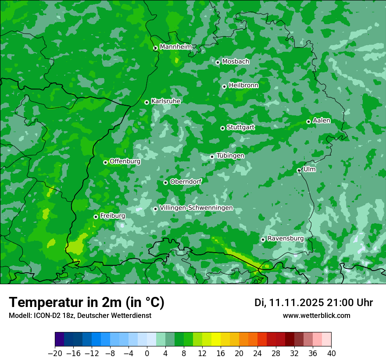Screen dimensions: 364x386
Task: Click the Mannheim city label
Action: [175, 46]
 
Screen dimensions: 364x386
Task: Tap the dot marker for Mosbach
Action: [218, 62]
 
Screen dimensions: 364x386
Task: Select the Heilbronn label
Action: [243, 86]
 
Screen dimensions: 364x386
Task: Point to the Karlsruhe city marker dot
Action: [147, 102]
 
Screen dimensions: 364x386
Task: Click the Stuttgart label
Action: [240, 127]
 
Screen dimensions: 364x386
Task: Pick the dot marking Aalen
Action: [308, 121]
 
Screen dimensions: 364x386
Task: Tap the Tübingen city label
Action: [230, 156]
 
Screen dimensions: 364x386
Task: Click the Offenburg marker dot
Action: [105, 162]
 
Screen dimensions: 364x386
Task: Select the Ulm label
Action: [309, 169]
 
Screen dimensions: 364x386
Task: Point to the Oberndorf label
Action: [186, 182]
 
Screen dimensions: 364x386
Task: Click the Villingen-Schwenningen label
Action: [196, 208]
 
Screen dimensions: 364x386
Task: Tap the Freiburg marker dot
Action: [96, 217]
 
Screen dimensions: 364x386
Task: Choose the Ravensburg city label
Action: [286, 239]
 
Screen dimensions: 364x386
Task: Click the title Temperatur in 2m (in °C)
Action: [86, 303]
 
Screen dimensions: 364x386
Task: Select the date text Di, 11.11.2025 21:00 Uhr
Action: [314, 303]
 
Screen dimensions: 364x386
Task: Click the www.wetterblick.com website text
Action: [316, 316]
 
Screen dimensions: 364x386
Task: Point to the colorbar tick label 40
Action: [331, 353]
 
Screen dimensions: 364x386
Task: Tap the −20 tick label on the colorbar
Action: [55, 353]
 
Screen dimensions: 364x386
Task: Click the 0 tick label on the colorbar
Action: [147, 353]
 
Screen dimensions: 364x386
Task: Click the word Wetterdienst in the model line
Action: [131, 316]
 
